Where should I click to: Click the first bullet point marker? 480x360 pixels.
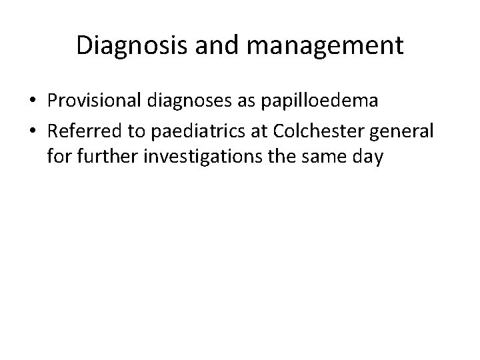coord(33,101)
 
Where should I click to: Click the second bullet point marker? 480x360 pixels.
coord(33,131)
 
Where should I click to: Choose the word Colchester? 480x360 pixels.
coord(314,131)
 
